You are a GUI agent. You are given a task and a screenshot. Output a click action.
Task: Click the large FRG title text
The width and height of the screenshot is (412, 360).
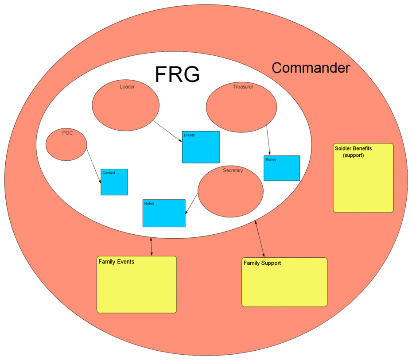(177, 74)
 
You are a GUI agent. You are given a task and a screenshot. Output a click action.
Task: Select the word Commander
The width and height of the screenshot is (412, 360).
(311, 68)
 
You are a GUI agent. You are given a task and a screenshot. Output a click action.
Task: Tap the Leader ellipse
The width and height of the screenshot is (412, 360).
(125, 106)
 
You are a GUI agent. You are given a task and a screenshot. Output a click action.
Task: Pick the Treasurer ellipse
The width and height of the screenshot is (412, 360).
(241, 108)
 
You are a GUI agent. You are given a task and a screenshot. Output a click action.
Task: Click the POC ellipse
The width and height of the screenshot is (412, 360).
(66, 144)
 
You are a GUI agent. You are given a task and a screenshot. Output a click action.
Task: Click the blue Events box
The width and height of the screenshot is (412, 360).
(201, 147)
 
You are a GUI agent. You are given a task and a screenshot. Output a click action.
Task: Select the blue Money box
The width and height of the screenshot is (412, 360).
(282, 168)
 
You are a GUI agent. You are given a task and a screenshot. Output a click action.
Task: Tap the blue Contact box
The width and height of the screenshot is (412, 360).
(114, 182)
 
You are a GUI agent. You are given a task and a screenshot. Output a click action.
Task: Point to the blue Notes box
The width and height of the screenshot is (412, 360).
(164, 213)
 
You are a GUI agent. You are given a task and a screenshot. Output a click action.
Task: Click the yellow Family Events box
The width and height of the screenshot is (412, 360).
(136, 284)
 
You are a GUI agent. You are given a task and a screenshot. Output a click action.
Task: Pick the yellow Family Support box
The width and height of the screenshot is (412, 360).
(284, 282)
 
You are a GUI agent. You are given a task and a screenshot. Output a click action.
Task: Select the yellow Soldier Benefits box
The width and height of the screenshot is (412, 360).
(363, 178)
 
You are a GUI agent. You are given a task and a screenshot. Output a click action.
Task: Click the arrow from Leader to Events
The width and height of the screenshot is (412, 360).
(167, 131)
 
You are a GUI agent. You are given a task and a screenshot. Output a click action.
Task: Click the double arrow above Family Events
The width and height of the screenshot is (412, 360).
(152, 247)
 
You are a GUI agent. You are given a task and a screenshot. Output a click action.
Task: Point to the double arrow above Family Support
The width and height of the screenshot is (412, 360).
(260, 239)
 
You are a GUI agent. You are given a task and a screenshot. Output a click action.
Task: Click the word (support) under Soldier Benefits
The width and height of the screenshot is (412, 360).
(353, 155)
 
